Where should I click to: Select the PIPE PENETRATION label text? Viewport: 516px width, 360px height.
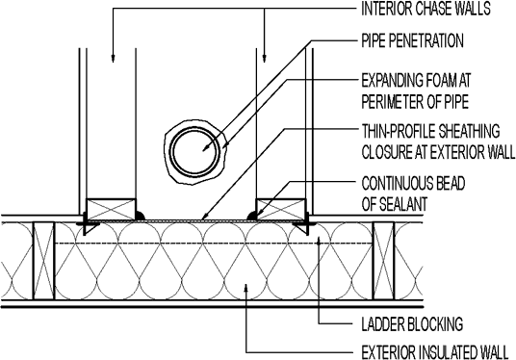coord(413,41)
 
